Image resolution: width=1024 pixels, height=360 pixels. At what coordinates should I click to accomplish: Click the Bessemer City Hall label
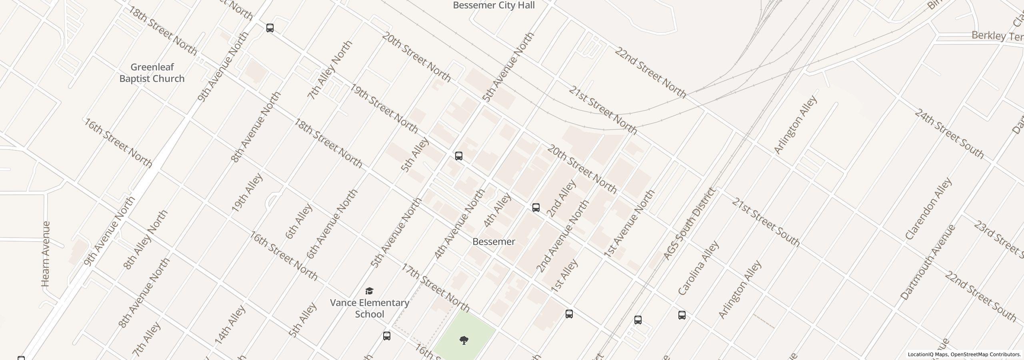point(494,6)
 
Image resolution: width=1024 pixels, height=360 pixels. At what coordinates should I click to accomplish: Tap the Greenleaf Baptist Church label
point(152,73)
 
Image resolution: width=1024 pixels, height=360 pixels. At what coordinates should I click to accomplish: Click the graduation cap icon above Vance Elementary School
point(369,291)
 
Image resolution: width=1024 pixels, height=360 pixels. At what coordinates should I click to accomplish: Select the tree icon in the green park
point(464,340)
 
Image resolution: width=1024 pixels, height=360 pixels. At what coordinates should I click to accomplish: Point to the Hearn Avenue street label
point(46,254)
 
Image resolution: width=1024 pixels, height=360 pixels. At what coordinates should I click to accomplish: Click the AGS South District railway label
point(688,224)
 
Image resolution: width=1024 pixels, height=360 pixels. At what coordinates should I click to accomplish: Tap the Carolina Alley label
point(698,268)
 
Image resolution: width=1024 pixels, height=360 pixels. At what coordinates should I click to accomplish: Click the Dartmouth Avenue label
point(928,263)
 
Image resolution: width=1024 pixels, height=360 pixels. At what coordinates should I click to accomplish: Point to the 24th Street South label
point(949,134)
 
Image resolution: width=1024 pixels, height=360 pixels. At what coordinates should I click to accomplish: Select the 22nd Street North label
point(650,73)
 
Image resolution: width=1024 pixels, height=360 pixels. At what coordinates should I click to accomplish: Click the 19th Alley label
point(247,192)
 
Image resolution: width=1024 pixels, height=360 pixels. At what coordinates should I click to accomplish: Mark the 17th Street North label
point(435,288)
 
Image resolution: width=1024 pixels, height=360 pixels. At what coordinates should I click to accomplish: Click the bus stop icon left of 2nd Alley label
point(536,208)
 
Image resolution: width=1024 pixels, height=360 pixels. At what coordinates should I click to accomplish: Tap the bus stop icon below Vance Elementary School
point(386,336)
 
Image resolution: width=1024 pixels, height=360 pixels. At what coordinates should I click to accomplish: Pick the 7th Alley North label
point(330,70)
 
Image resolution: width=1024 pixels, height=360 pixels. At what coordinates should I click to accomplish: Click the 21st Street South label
point(766,222)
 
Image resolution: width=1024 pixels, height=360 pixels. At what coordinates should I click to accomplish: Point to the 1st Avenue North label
point(629,223)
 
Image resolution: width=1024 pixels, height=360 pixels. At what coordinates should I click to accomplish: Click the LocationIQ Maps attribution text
point(964,354)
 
